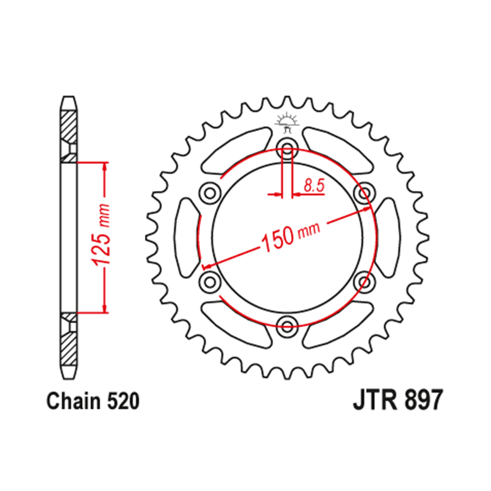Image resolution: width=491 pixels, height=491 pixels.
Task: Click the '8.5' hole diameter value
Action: [x=313, y=186]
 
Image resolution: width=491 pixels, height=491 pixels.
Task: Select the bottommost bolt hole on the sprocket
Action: [x=287, y=323]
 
